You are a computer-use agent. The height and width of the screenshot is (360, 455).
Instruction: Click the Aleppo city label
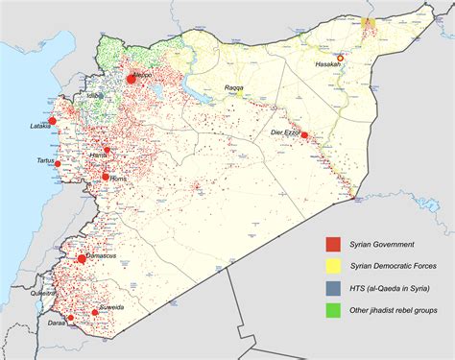[x=143, y=73]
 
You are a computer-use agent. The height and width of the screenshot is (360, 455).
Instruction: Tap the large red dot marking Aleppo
[x=130, y=81]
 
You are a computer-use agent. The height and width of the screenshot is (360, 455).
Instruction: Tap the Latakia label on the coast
[x=41, y=125]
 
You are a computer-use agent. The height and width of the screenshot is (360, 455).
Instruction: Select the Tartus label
[x=46, y=160]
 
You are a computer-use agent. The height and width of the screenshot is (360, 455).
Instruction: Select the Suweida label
[x=111, y=309]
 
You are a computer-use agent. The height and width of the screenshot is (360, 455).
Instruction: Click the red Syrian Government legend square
[x=331, y=246]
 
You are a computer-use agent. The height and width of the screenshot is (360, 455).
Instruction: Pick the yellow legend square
[x=331, y=267]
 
